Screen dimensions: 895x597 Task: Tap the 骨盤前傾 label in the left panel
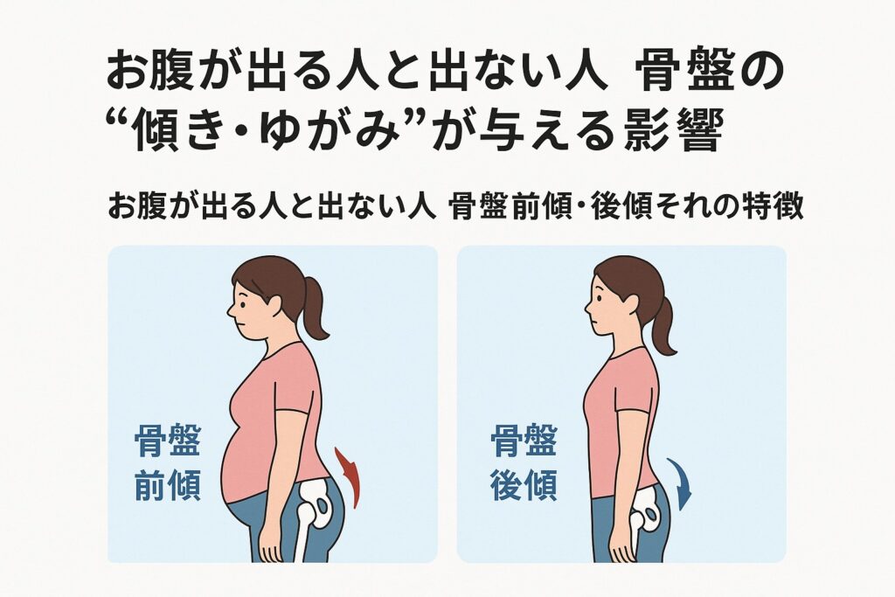pos(167,463)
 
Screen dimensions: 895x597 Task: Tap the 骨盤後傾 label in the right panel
pos(524,463)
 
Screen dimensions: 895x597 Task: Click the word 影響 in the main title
pos(674,131)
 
